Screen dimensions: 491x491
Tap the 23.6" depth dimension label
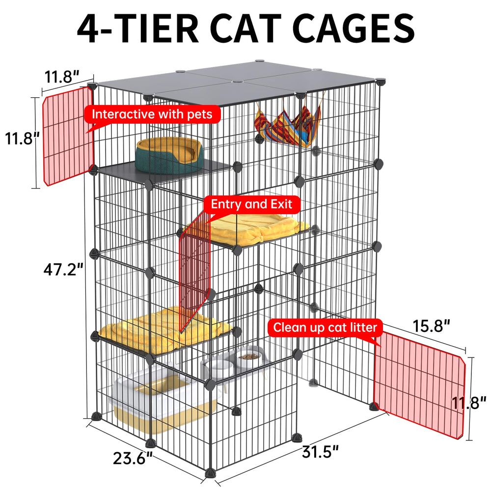tap(133, 459)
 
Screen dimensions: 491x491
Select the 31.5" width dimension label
tap(320, 452)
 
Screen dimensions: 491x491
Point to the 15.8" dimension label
tap(432, 326)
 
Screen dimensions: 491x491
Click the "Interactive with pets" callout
tap(152, 114)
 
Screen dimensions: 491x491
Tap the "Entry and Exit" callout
tap(251, 204)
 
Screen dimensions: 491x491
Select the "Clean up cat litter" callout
tap(325, 327)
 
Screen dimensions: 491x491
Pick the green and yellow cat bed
tap(169, 155)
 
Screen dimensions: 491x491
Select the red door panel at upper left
tap(68, 136)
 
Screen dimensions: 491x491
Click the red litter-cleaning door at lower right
tap(420, 385)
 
